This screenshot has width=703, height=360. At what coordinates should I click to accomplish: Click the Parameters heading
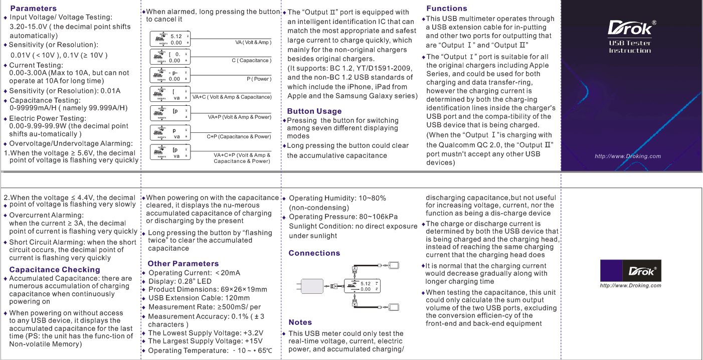click(33, 9)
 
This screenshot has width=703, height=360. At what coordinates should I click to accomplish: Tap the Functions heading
click(446, 9)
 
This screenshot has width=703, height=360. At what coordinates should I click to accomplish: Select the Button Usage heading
click(314, 111)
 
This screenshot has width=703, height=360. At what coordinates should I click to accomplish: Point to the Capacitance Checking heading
click(55, 270)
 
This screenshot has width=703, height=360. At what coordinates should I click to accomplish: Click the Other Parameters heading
click(183, 264)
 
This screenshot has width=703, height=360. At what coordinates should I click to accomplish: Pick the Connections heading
click(314, 253)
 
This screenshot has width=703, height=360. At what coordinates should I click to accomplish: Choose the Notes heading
click(300, 322)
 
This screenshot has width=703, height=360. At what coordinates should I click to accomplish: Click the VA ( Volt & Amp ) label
click(253, 43)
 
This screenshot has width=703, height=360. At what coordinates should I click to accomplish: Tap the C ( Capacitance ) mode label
click(251, 61)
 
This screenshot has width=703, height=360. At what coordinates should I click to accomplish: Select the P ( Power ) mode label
click(259, 79)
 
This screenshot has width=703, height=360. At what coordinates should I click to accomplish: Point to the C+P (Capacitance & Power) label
click(239, 136)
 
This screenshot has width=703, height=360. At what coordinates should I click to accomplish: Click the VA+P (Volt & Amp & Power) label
click(239, 117)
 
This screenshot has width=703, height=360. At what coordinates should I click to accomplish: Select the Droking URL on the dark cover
click(627, 156)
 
